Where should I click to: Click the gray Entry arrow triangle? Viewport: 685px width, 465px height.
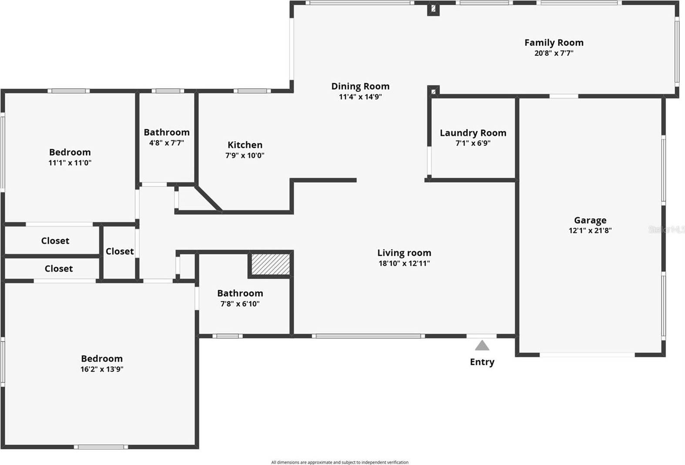point(482,346)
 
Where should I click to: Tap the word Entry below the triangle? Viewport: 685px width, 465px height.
point(482,362)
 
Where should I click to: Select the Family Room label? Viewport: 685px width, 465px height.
point(554,43)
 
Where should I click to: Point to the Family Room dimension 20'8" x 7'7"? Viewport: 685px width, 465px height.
point(554,54)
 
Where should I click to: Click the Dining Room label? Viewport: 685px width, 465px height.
point(360,86)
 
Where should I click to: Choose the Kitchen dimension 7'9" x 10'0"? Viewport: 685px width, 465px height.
point(245,156)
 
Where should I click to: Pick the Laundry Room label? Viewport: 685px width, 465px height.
point(473,133)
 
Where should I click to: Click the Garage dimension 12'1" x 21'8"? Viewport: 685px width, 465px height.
point(590,231)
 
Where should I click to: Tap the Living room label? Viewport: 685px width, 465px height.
point(404,253)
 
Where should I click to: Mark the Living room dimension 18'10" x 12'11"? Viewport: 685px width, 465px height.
point(404,263)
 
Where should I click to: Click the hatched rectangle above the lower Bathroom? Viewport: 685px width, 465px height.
point(270,264)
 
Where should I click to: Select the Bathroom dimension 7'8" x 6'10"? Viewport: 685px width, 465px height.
point(240,304)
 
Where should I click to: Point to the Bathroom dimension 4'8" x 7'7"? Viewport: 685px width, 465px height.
point(166,143)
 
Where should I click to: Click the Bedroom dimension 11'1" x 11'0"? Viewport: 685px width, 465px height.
point(70,163)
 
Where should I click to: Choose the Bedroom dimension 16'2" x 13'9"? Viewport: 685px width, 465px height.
point(101,369)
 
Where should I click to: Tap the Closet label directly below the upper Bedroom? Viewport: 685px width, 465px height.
point(55,241)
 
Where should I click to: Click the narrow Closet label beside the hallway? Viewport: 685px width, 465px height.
point(119,251)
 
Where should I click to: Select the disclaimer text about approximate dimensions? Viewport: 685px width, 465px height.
point(339,462)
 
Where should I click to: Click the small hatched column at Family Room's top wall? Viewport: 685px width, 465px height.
point(433,8)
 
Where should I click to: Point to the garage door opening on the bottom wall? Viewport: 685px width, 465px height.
point(587,355)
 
